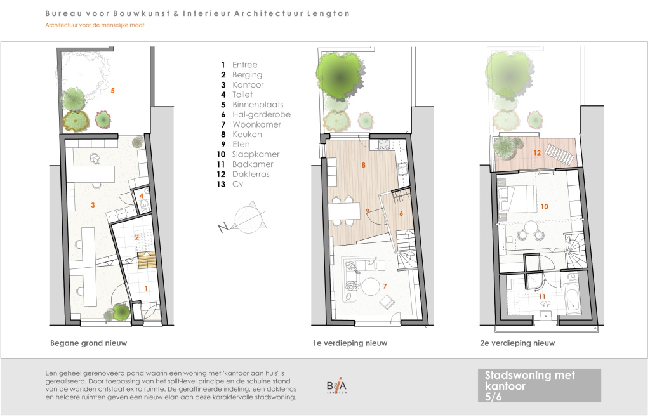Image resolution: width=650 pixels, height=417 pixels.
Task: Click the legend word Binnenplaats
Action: (258, 105)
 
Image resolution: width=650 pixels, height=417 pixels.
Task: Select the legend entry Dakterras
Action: (251, 174)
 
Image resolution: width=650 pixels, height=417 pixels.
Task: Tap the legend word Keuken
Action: (247, 135)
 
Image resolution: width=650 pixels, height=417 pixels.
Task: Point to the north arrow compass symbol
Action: (244, 218)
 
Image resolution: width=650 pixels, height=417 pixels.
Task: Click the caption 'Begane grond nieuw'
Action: (89, 343)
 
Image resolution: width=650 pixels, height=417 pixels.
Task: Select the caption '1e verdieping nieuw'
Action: (350, 343)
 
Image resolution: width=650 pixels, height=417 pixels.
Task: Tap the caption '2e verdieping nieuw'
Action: (517, 343)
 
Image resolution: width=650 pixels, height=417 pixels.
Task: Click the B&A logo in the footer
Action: (336, 386)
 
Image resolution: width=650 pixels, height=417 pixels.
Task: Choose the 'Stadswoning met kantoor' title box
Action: (540, 385)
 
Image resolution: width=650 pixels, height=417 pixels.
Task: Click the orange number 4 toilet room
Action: (142, 196)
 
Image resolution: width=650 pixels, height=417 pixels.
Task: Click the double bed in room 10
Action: (517, 199)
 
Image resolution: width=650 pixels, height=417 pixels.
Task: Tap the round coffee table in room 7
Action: (371, 286)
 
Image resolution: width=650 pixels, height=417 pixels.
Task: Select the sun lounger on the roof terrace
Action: (560, 154)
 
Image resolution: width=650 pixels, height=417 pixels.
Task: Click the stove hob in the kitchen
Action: (384, 144)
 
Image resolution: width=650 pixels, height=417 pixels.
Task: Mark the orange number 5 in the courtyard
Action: (112, 90)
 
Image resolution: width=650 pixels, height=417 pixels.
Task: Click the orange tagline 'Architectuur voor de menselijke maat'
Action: (95, 25)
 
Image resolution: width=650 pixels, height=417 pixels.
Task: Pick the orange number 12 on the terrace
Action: (537, 153)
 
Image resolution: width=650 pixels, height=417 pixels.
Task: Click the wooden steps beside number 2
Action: (147, 260)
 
